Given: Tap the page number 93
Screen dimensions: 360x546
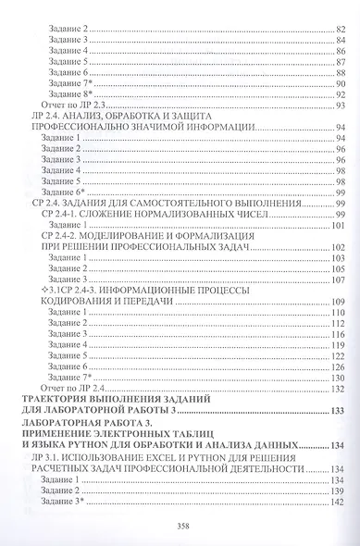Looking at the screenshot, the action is [x=339, y=106].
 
